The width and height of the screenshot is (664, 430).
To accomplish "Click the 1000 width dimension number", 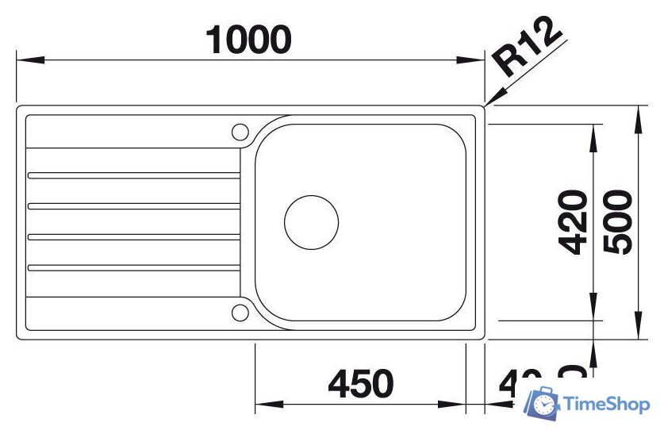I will pyautogui.click(x=248, y=40).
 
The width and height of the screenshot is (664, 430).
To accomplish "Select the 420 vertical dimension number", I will pyautogui.click(x=571, y=222).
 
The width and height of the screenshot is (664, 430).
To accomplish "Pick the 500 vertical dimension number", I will pyautogui.click(x=618, y=222).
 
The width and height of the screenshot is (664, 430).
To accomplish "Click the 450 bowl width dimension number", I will pyautogui.click(x=360, y=384).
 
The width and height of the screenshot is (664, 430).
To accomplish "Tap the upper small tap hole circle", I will pyautogui.click(x=240, y=132).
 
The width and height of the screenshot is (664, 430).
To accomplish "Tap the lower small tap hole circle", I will pyautogui.click(x=240, y=312).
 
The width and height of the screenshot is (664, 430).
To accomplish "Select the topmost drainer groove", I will pyautogui.click(x=132, y=175).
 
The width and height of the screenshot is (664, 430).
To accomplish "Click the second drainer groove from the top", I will pyautogui.click(x=132, y=205).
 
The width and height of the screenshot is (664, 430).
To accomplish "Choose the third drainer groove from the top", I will pyautogui.click(x=132, y=236).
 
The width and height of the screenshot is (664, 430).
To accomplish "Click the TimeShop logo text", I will pyautogui.click(x=607, y=405).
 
